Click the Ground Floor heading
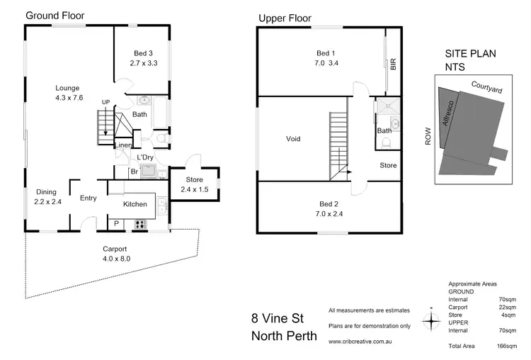55,15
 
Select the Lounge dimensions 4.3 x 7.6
69,99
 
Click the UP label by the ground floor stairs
105,102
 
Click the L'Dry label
145,157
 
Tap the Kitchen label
135,204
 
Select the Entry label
88,198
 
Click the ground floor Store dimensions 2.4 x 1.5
194,190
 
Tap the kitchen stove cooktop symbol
139,225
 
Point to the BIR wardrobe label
392,64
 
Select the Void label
293,139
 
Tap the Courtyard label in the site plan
488,86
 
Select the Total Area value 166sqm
505,345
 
